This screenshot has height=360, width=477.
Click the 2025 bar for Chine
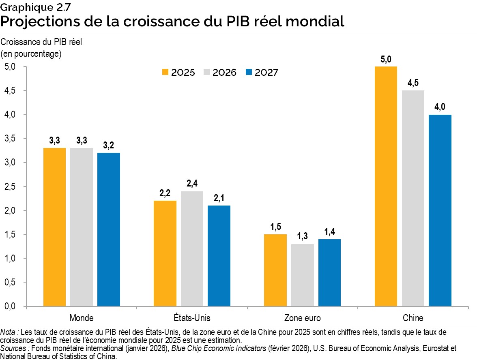[x=386, y=186]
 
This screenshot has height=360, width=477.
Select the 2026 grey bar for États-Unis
[x=192, y=249]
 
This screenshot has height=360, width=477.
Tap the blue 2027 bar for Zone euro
[x=329, y=272]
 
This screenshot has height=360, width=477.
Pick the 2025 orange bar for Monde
[x=54, y=227]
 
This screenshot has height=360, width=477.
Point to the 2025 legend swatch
[x=165, y=73]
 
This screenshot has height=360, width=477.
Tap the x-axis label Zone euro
[x=302, y=317]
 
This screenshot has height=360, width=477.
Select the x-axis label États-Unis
[x=192, y=317]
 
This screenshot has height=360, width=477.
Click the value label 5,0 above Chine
[x=386, y=60]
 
